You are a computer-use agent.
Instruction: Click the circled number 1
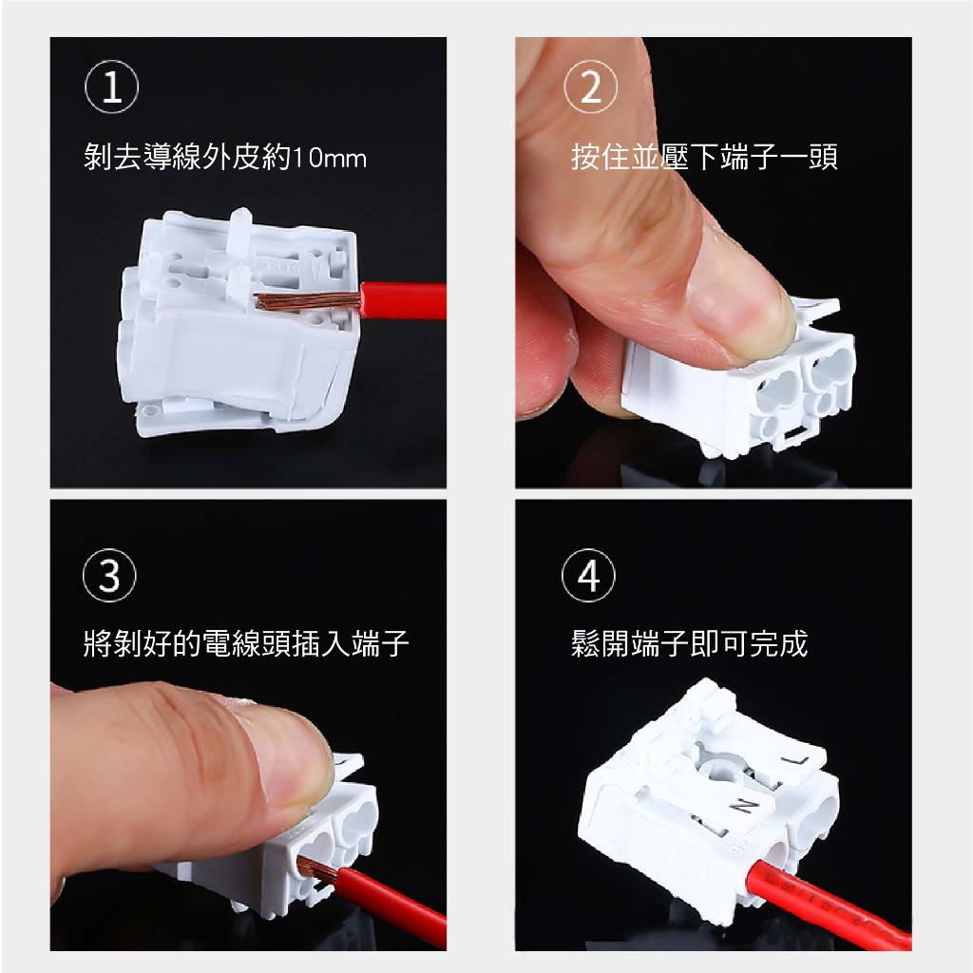112,86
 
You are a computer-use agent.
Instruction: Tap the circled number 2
591,86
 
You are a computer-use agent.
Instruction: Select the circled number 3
109,575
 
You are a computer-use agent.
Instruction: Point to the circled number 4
588,575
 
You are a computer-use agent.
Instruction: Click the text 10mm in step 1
329,159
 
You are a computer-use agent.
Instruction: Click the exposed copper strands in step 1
308,301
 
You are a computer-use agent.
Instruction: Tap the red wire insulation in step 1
403,301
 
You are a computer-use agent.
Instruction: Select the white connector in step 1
238,323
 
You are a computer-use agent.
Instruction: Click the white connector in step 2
738,385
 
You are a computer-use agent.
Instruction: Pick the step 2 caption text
704,157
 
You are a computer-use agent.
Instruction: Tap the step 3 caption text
246,643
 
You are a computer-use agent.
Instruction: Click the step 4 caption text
690,643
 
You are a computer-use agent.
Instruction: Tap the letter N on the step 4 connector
743,806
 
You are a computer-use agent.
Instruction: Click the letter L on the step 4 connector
794,759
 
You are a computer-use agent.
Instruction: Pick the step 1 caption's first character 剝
98,157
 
